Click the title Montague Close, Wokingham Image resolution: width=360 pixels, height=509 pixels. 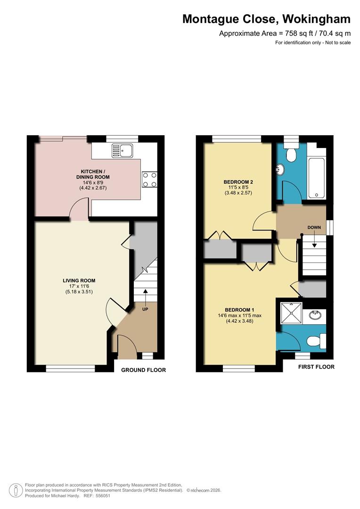click(266, 19)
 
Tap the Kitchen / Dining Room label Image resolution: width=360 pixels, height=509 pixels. click(95, 174)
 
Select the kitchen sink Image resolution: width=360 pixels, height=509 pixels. click(123, 151)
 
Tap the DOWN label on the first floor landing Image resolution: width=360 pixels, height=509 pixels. click(314, 228)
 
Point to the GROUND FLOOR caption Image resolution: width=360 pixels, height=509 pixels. click(144, 370)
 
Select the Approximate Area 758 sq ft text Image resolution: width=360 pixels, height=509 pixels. click(285, 33)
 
